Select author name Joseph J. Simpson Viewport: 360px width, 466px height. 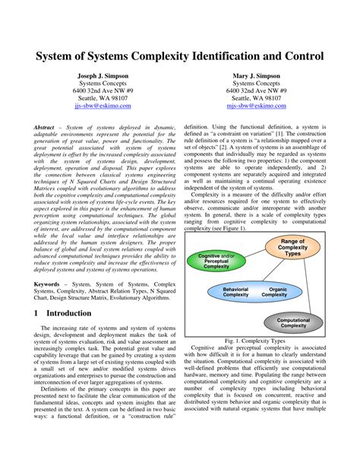pos(107,77)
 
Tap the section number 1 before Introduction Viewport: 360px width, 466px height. pos(36,312)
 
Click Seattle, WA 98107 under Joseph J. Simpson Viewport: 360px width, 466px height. pos(107,97)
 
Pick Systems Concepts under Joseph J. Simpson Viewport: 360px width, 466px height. pos(107,87)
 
